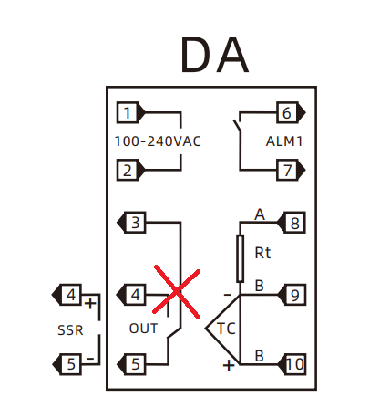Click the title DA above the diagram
215,55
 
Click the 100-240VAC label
158,141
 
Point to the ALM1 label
284,141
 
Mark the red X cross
177,292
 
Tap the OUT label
143,329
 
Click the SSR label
70,330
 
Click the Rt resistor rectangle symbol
241,258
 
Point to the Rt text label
262,253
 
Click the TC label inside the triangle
226,329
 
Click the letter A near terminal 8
260,214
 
